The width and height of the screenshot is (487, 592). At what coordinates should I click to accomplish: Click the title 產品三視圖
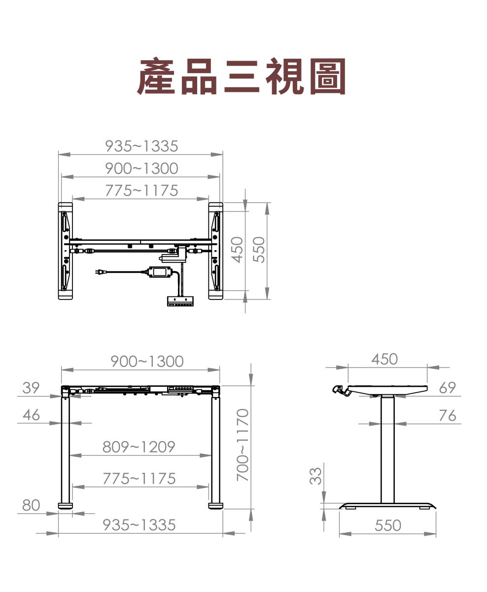tap(241, 76)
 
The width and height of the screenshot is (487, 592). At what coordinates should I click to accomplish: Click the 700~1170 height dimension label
tap(243, 445)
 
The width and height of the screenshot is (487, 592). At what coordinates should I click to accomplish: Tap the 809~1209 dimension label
tap(139, 446)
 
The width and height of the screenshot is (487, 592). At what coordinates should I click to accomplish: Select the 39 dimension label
tap(31, 388)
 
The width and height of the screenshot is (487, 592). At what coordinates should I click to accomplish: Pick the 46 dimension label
tap(31, 415)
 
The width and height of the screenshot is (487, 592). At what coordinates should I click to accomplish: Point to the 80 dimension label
tap(31, 505)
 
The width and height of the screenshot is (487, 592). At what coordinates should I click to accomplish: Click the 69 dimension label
tap(448, 388)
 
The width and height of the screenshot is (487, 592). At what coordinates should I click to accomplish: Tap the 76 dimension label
tap(448, 415)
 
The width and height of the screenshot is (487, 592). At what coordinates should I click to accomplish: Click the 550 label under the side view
tap(388, 525)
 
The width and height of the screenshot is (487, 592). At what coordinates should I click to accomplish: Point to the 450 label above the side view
tap(384, 359)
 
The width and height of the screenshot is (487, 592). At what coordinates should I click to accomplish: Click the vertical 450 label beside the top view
tap(238, 250)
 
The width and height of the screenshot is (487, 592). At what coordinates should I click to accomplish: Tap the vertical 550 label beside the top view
tap(259, 250)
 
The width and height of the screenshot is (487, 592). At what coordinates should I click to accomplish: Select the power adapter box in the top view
tap(160, 272)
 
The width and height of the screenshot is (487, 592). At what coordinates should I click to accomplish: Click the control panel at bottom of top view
tap(180, 301)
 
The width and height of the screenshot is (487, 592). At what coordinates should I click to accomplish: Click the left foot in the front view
tap(65, 506)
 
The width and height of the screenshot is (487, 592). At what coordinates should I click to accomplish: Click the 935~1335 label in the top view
tap(141, 146)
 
